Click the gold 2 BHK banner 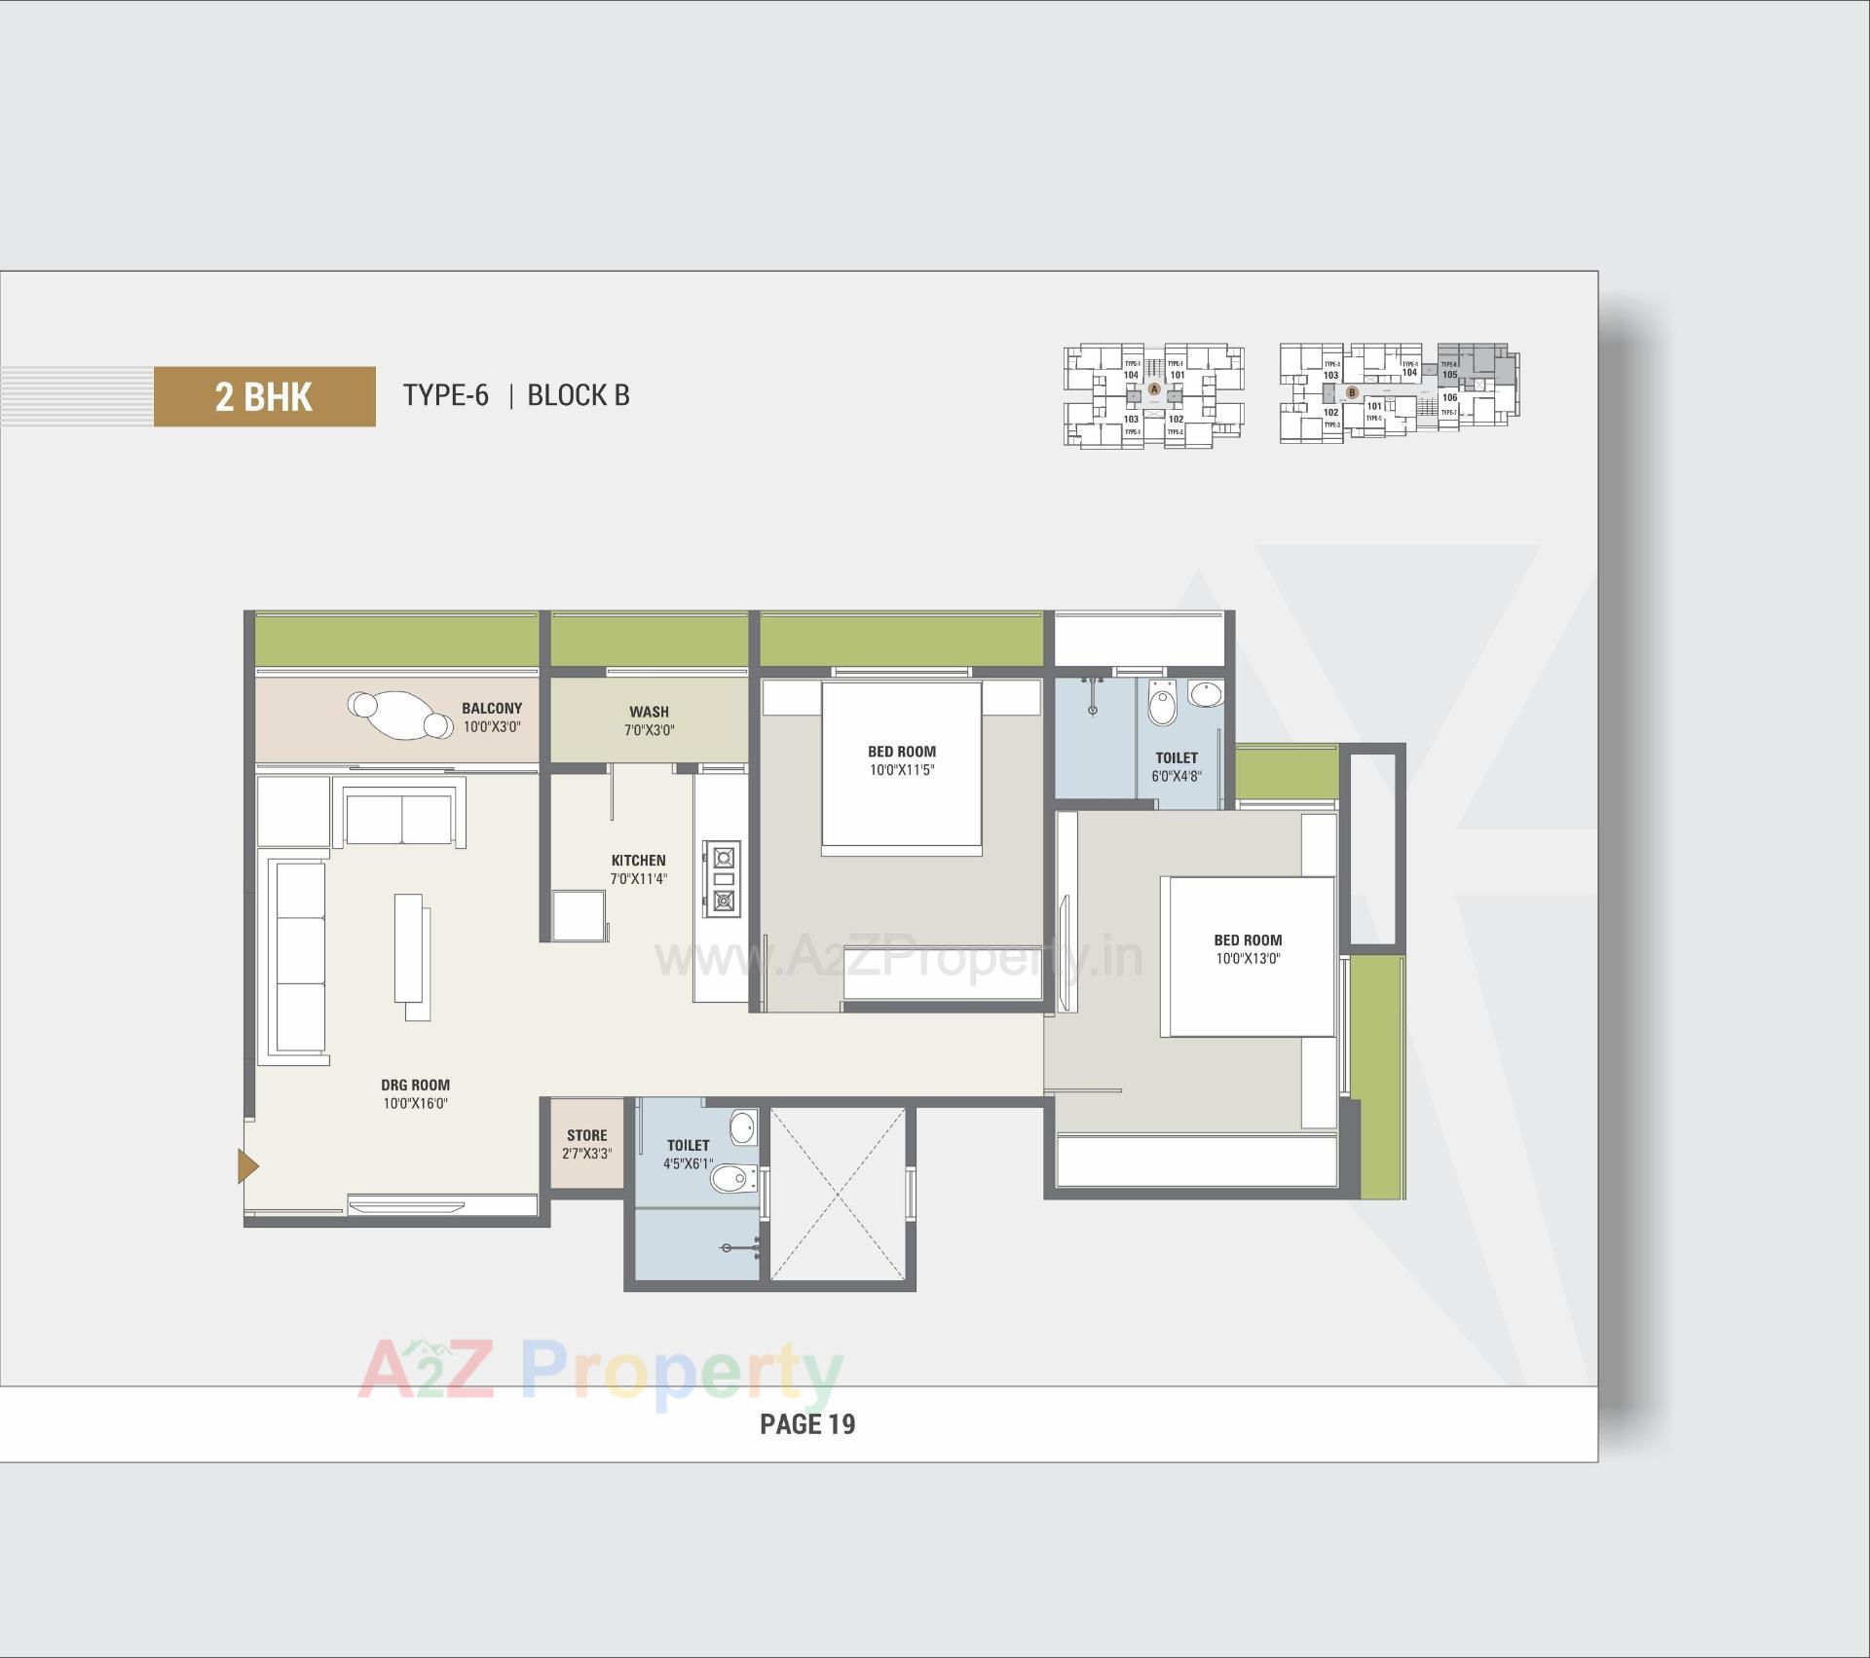tap(264, 396)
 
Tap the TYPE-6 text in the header tap(445, 395)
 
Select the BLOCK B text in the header tap(578, 395)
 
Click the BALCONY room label tap(492, 709)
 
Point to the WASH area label tap(649, 712)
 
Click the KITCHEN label tap(638, 861)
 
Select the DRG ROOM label tap(415, 1085)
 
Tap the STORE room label tap(586, 1135)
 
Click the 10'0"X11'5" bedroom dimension tap(902, 770)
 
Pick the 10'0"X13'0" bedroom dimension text tap(1248, 959)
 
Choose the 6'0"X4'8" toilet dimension tap(1177, 777)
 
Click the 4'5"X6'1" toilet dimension tap(689, 1164)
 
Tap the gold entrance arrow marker tap(247, 1165)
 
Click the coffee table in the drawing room tap(411, 950)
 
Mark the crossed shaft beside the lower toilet tap(839, 1195)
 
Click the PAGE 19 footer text tap(807, 1424)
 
